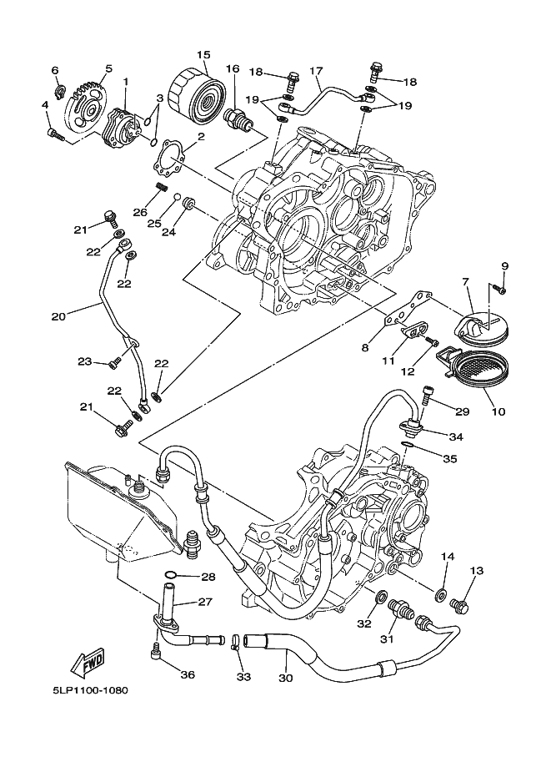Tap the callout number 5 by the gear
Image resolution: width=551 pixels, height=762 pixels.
tap(108, 68)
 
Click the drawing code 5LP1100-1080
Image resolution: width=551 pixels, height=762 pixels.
tap(83, 690)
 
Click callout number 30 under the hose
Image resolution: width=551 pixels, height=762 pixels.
tap(286, 679)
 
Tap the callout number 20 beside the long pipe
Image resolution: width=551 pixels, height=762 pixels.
tap(58, 315)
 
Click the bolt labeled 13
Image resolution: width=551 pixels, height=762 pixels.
tap(458, 603)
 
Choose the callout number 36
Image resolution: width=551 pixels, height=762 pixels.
tap(187, 674)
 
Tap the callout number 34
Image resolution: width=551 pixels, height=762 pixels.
tap(456, 436)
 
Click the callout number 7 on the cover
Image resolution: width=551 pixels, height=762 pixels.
tap(464, 284)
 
